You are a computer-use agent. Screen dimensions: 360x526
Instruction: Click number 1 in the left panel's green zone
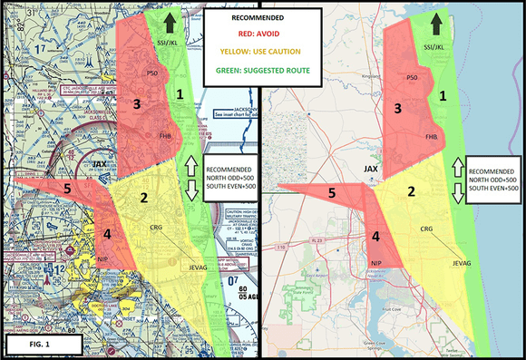180,93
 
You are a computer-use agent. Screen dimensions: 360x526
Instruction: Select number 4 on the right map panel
374,238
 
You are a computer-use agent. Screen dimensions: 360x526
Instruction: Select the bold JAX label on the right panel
370,170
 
